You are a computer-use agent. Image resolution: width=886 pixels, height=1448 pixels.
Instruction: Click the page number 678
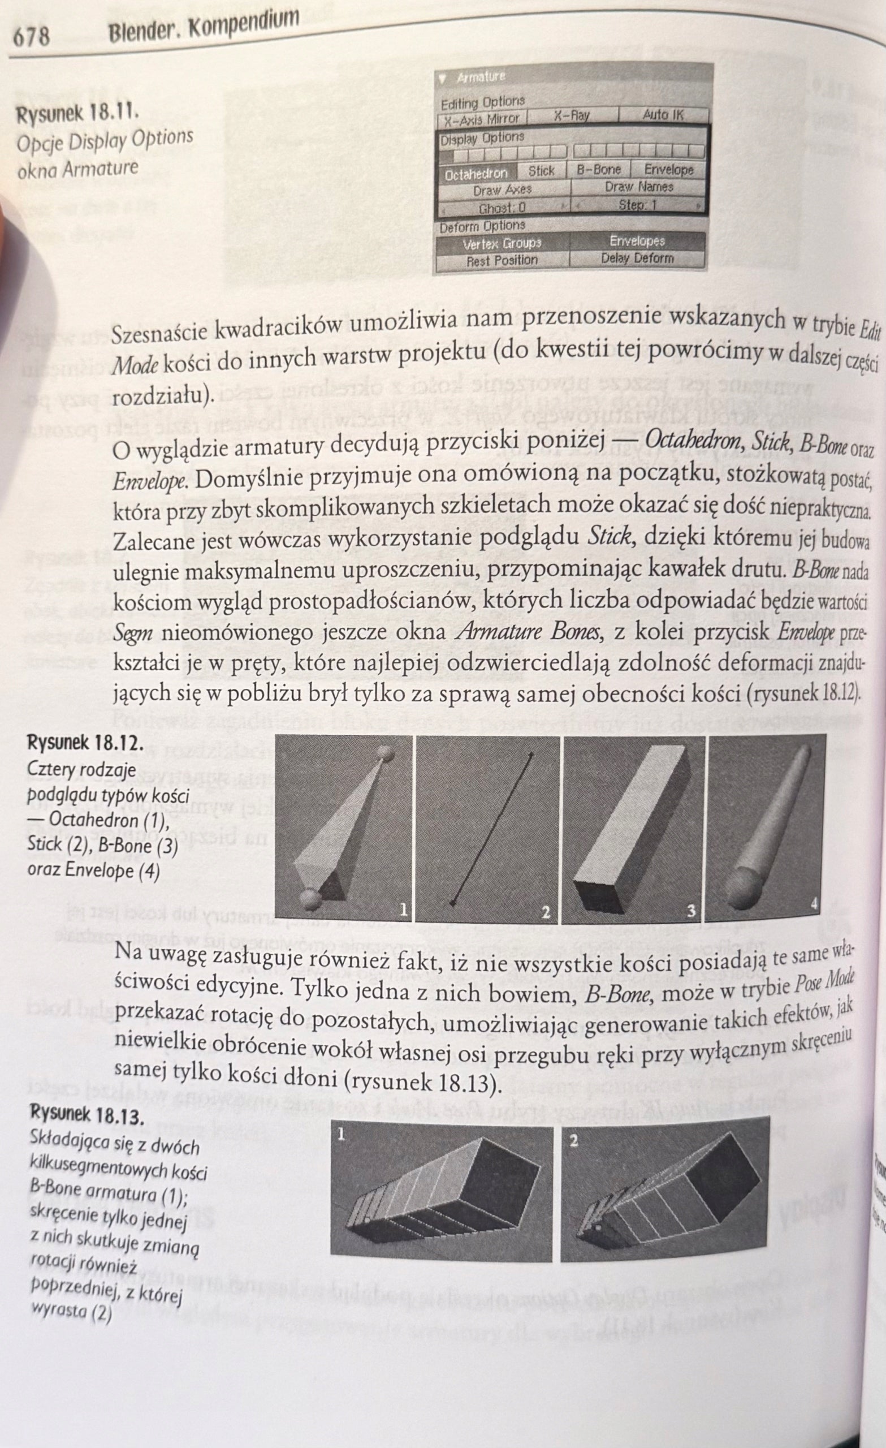tap(31, 36)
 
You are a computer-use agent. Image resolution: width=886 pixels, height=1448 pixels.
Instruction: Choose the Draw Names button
tap(639, 187)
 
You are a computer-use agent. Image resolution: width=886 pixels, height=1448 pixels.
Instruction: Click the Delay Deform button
tap(637, 258)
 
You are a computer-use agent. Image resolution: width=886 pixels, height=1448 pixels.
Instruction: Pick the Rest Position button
tap(502, 260)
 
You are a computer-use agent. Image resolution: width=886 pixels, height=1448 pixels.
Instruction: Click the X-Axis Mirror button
tap(482, 119)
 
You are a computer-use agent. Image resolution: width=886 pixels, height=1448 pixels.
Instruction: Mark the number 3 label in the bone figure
tap(691, 911)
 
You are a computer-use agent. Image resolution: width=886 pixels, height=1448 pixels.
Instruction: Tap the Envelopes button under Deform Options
tap(637, 242)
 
